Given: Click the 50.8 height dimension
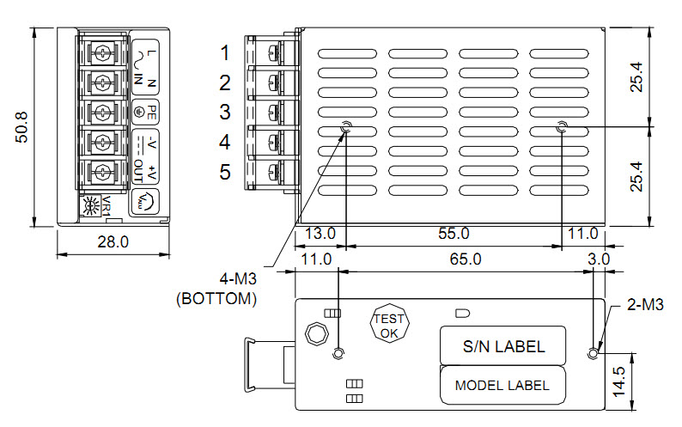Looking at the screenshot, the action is point(21,127).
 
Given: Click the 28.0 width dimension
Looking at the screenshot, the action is point(113,241).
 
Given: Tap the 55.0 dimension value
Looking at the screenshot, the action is point(454,234).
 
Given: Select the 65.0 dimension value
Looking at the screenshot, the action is point(466,259).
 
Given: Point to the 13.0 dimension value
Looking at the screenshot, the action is point(320,234).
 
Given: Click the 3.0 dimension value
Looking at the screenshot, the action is point(599,259).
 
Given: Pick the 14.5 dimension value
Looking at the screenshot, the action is point(619,381).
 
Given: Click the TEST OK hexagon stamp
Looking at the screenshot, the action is point(389,323).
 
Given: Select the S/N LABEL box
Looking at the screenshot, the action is point(503,345).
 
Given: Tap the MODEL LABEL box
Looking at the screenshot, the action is point(502,385).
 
